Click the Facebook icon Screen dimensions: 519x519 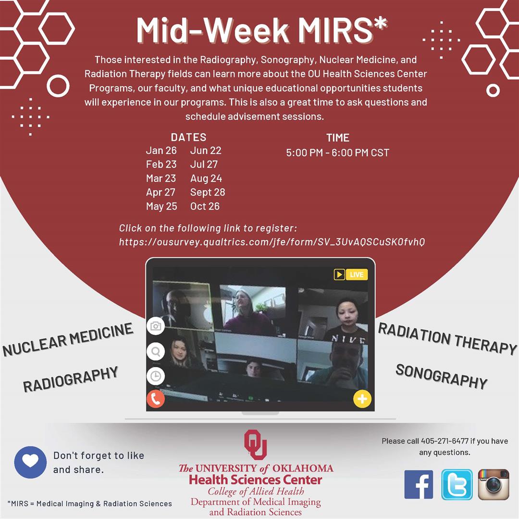419,484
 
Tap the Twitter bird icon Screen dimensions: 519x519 457,484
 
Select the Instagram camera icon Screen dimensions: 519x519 493,484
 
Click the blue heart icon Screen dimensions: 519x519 30,462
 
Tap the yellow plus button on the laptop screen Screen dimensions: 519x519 362,399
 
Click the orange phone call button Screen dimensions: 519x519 156,399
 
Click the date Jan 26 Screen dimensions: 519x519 161,150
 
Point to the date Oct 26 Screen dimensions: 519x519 205,206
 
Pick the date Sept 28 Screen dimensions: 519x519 208,192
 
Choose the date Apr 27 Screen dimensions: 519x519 161,192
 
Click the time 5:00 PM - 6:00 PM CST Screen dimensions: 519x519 337,153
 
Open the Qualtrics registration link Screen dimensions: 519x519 272,242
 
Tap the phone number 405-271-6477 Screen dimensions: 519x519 445,441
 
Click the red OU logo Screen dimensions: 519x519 255,445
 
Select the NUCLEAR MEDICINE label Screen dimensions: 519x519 68,339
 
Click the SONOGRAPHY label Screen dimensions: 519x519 441,376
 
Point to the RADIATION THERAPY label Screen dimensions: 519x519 447,338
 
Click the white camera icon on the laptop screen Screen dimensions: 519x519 156,326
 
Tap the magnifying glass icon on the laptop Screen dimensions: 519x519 156,351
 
